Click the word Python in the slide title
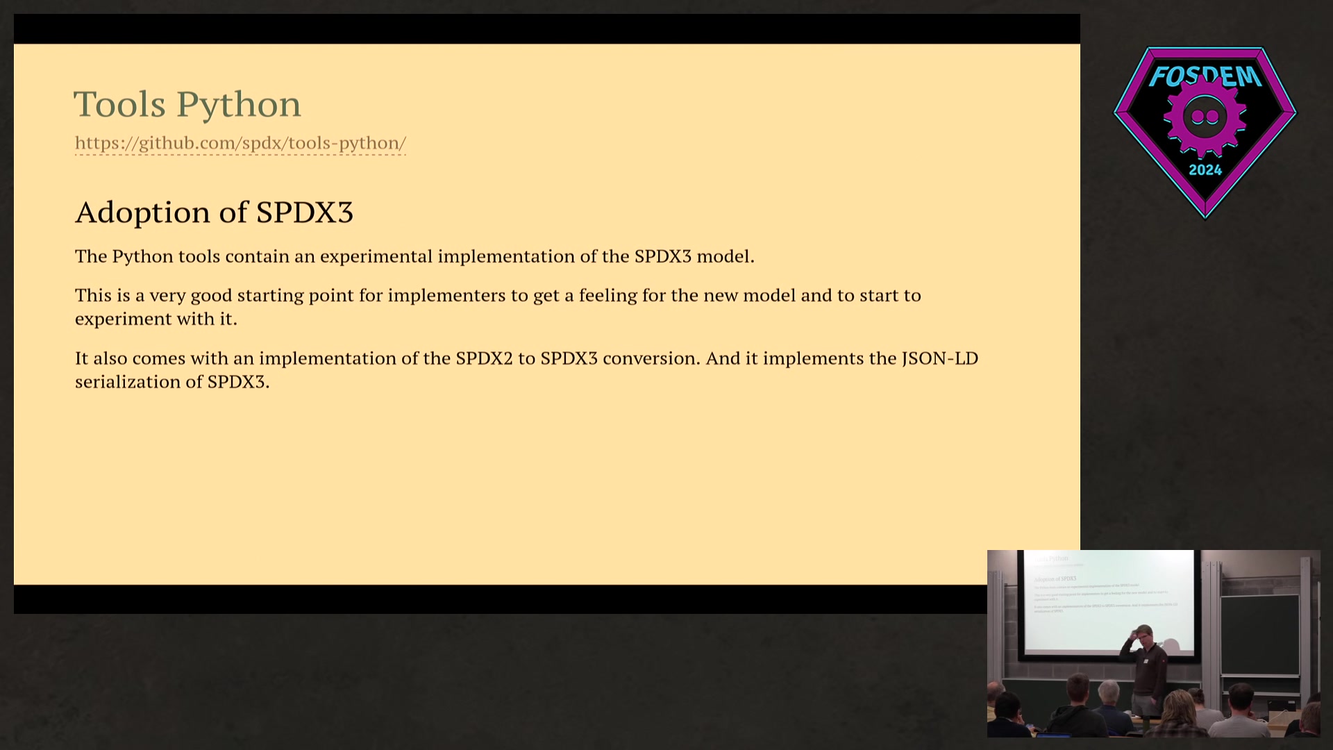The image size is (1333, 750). (238, 105)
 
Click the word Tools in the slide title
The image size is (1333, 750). (119, 104)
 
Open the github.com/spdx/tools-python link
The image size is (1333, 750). (240, 143)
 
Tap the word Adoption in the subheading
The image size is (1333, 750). (142, 212)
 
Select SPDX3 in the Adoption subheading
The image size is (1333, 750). (304, 212)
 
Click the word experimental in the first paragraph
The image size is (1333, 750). (376, 256)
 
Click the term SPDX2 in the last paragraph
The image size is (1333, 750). (484, 358)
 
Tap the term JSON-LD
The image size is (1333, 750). (939, 358)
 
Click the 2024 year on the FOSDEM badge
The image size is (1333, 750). (1205, 170)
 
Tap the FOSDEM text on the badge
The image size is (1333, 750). (1205, 75)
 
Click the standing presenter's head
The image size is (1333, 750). (1144, 635)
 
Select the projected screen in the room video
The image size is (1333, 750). (1108, 601)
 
